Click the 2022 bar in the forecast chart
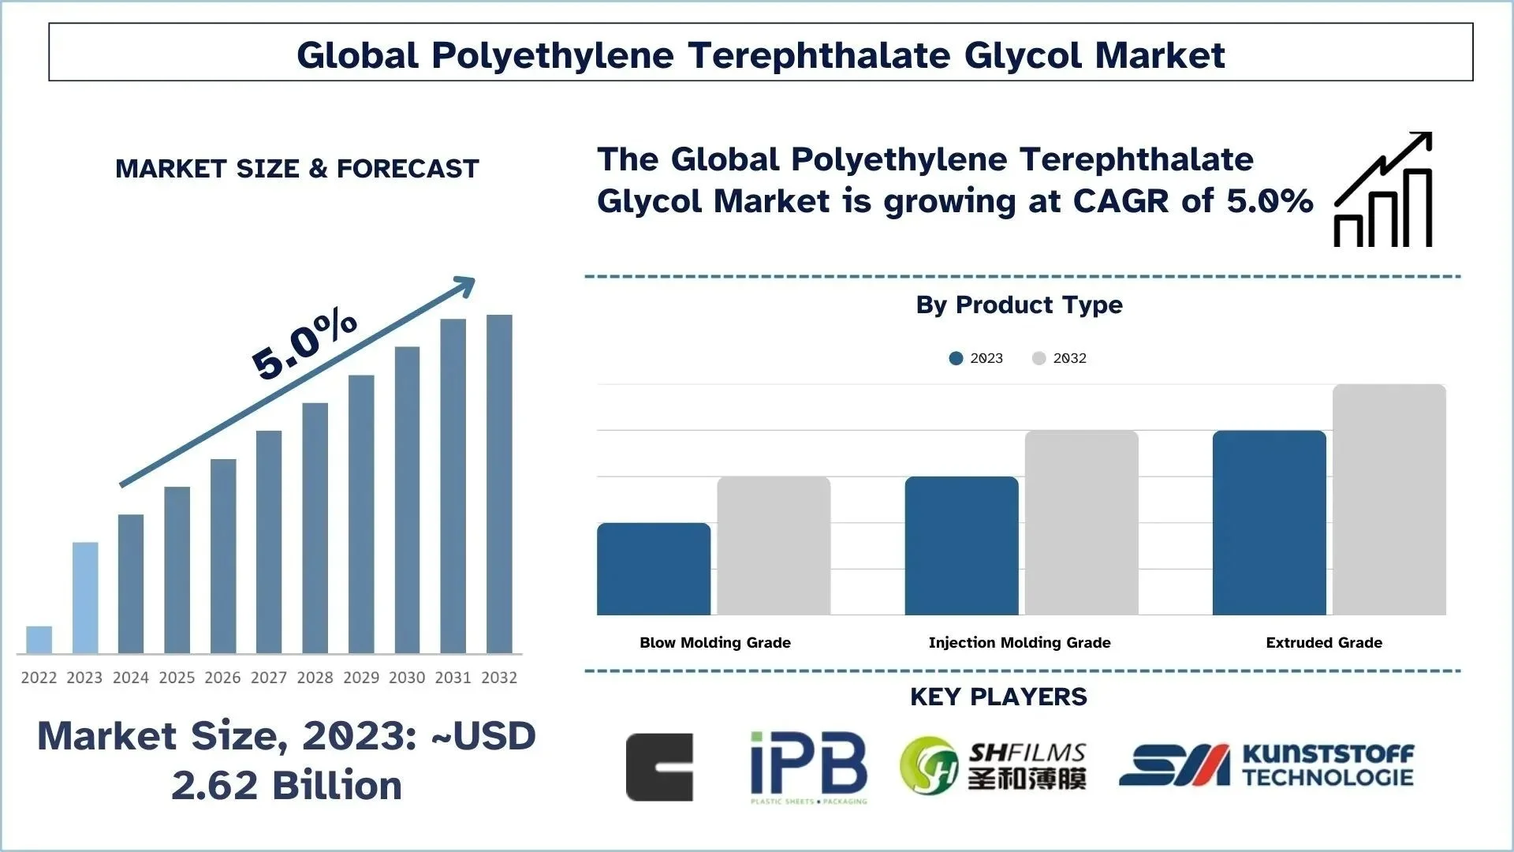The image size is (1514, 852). (x=39, y=640)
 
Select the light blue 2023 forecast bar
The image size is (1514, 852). (x=85, y=597)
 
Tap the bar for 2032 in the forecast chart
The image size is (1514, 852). (x=499, y=484)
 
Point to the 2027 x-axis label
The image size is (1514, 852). (x=269, y=678)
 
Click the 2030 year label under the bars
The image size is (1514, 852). (x=407, y=678)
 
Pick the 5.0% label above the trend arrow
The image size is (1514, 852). (x=304, y=344)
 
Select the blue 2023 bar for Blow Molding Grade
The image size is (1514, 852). (x=654, y=569)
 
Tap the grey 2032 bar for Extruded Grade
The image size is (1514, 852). (x=1389, y=499)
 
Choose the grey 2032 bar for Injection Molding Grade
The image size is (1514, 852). (x=1081, y=522)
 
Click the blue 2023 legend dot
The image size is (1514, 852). (x=957, y=358)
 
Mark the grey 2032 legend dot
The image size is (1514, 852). (x=1039, y=358)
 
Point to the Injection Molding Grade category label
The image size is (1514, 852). (x=1020, y=643)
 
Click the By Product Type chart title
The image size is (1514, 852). (x=1019, y=305)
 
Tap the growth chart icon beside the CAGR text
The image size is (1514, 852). (x=1383, y=190)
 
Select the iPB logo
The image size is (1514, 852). (x=808, y=767)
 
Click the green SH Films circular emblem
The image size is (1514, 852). (x=930, y=766)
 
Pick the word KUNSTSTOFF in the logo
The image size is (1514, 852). (x=1328, y=754)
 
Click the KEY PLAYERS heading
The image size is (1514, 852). (x=998, y=697)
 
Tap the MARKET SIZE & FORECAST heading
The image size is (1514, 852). (x=297, y=169)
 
